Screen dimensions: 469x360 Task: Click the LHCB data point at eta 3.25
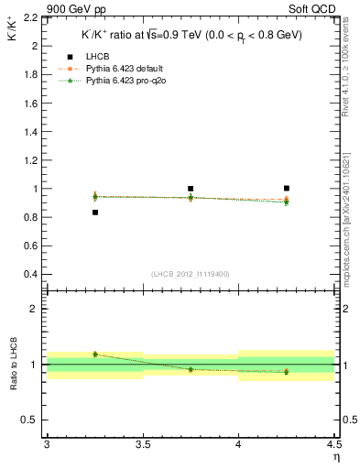(95, 213)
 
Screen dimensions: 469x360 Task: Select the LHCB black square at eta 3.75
(191, 189)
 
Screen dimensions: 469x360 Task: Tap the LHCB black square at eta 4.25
(287, 188)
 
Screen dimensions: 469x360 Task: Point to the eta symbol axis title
(335, 457)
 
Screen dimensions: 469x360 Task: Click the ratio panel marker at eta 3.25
(95, 354)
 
